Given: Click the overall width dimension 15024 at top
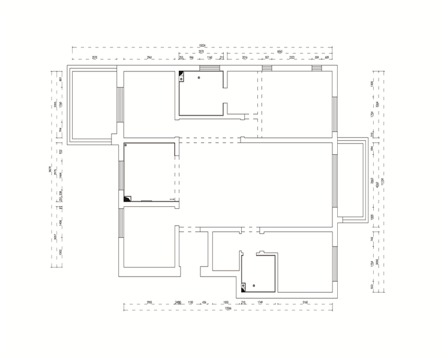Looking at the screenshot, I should click(x=202, y=46).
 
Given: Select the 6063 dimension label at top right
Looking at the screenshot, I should click(x=280, y=52).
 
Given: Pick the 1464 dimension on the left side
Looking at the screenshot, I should click(x=61, y=175).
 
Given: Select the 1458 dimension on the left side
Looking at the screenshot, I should click(x=61, y=223).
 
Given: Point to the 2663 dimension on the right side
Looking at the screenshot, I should click(x=372, y=181).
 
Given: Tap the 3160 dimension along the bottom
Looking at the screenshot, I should click(x=305, y=302).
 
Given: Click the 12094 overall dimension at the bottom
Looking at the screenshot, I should click(x=228, y=308).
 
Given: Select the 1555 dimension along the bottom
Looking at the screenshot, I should click(x=226, y=302).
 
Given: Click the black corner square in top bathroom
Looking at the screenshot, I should click(x=181, y=74).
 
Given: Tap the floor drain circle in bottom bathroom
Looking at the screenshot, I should click(x=254, y=286).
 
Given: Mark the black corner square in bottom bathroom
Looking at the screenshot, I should click(x=244, y=286).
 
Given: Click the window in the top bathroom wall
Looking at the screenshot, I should click(x=210, y=68).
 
